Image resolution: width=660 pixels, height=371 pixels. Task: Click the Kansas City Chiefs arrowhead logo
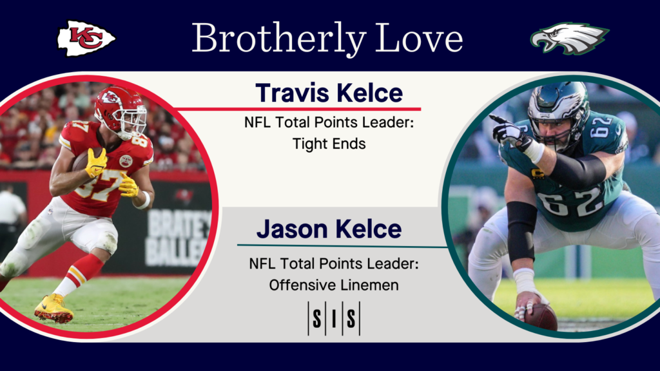pos(86,38)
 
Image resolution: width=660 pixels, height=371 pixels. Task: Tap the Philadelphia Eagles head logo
pos(568,39)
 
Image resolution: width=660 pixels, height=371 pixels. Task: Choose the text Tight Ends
pos(329,144)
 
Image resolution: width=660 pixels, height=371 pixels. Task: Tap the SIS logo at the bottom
pos(333,318)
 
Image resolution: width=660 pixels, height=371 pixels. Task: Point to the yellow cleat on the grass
pos(53,309)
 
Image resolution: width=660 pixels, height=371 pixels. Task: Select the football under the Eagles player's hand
pos(541,316)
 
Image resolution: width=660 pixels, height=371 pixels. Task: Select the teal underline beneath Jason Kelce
pos(342,245)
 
